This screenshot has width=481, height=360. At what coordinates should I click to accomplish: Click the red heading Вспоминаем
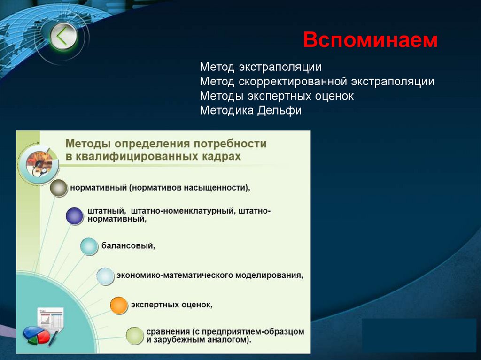click(370, 40)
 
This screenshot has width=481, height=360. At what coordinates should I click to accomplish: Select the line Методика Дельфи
click(250, 111)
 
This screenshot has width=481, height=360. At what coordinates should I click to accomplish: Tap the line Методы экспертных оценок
click(276, 96)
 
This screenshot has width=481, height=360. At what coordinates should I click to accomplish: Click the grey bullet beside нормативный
click(59, 188)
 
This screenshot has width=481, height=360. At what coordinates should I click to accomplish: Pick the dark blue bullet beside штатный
click(74, 215)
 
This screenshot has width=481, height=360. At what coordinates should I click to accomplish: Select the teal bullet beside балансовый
click(88, 246)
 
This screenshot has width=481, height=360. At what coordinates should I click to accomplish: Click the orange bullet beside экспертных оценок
click(119, 305)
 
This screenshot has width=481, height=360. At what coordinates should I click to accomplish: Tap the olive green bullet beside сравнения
click(135, 335)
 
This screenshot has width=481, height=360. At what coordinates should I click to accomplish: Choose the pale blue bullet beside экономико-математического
click(105, 276)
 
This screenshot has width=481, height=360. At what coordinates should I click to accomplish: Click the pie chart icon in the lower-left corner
click(37, 335)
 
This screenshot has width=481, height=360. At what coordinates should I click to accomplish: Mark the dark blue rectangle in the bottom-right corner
click(419, 335)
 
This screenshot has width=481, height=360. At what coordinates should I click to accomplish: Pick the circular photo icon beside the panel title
click(39, 162)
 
